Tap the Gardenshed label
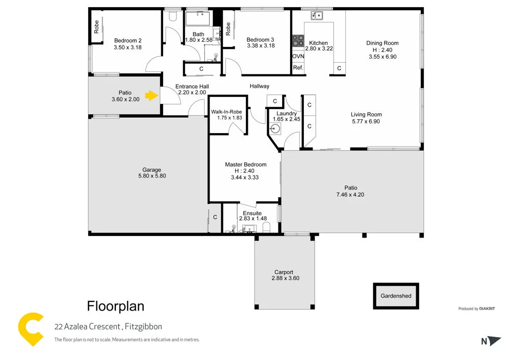coord(396,296)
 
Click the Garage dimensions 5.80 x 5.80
coord(152,176)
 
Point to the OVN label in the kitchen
coord(298,56)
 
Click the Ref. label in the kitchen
coord(298,68)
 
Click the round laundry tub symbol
coord(275,128)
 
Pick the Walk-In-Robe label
coord(226,112)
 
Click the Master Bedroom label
coord(246,164)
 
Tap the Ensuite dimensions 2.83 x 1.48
coord(252,219)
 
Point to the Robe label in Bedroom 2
coord(96,27)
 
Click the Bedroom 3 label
coord(260,40)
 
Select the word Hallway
coord(259,86)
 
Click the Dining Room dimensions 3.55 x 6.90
coord(382,57)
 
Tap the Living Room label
coord(366,115)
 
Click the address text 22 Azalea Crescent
coord(88,326)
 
